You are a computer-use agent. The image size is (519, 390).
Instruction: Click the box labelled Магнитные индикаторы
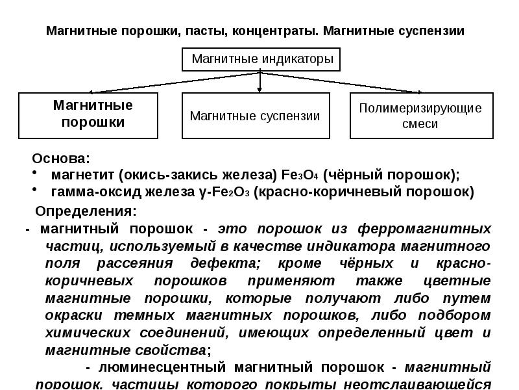260,60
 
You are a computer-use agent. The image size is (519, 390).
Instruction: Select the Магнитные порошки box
88,115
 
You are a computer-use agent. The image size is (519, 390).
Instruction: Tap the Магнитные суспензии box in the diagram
256,116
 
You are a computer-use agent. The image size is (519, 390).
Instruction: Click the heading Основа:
62,159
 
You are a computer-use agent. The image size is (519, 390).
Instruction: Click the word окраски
72,315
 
